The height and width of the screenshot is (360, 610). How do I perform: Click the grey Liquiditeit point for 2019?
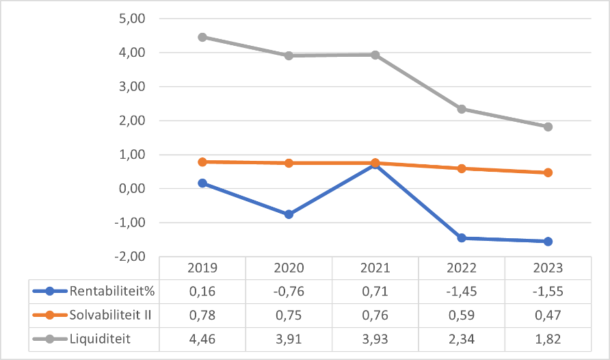click(x=202, y=37)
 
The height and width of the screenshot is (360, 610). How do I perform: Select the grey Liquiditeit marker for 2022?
click(x=462, y=109)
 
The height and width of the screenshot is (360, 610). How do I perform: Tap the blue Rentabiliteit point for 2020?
click(x=289, y=214)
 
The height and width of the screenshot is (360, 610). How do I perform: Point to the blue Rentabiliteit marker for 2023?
click(x=548, y=241)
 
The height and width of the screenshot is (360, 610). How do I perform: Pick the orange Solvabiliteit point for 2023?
click(x=548, y=172)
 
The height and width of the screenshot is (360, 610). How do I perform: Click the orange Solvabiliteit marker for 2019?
click(x=202, y=162)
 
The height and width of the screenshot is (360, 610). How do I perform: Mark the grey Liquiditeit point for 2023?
click(x=548, y=127)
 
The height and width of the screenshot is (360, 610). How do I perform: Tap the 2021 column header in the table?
click(x=375, y=268)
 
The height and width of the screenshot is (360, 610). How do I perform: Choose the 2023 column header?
click(x=548, y=268)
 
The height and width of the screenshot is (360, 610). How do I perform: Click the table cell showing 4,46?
click(x=202, y=338)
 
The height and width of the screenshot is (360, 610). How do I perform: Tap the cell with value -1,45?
click(x=462, y=291)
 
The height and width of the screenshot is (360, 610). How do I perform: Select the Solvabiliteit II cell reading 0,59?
click(x=462, y=315)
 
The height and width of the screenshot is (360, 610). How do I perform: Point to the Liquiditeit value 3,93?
click(x=375, y=338)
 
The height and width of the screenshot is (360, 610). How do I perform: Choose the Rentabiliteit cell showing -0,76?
click(x=289, y=291)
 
